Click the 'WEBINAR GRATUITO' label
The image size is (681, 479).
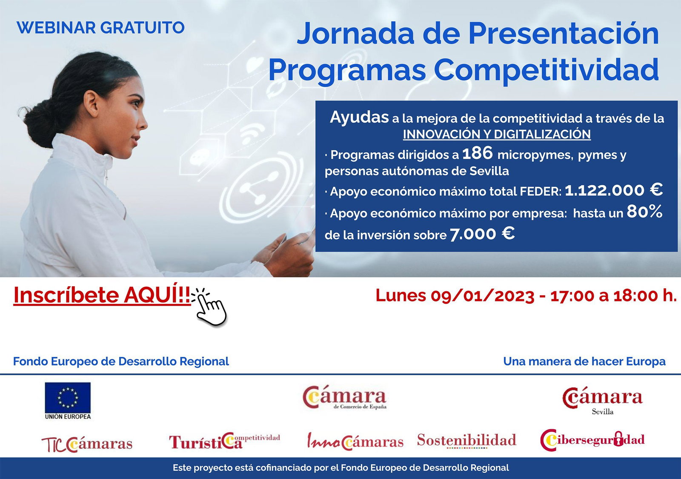click(x=100, y=28)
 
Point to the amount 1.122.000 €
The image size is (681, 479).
click(x=613, y=190)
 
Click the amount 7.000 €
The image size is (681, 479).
click(x=482, y=234)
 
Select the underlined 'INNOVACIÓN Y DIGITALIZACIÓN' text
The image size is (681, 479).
click(x=497, y=135)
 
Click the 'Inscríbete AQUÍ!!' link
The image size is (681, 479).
click(x=102, y=295)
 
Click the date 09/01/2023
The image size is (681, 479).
click(x=482, y=295)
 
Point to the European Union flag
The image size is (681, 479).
click(x=68, y=398)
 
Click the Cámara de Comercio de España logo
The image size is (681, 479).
click(x=344, y=398)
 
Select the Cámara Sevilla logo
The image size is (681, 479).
click(x=602, y=401)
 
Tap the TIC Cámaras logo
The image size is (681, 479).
click(x=87, y=444)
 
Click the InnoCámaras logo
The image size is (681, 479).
click(x=355, y=441)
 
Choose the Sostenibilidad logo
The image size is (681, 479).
click(x=466, y=440)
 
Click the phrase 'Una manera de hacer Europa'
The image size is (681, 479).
click(x=584, y=361)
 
